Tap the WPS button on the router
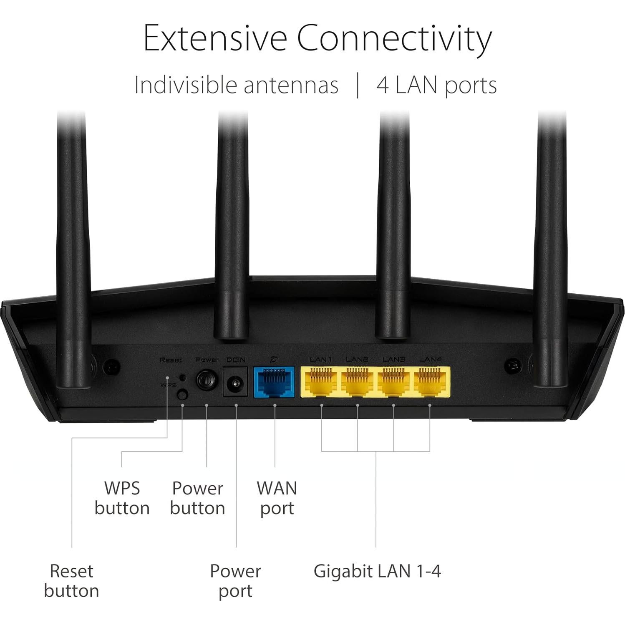click(x=182, y=394)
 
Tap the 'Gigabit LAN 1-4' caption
click(x=377, y=571)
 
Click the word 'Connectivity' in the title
click(x=394, y=38)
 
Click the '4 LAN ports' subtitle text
click(x=436, y=85)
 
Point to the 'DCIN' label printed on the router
click(x=236, y=360)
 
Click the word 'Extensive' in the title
click(x=215, y=38)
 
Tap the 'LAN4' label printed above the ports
click(x=430, y=359)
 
